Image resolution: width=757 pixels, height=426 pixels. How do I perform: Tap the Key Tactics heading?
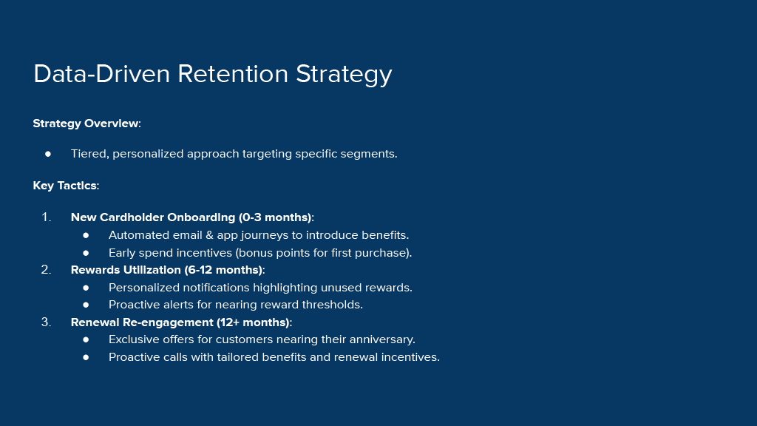(x=66, y=186)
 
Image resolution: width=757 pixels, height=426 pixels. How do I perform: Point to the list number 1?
(x=47, y=217)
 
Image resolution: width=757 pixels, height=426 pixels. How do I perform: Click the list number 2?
(x=47, y=269)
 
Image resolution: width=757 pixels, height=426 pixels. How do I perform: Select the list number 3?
(x=47, y=322)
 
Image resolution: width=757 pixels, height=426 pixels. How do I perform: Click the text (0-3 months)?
(x=275, y=218)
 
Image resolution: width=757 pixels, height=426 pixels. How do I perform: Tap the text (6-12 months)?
(x=223, y=270)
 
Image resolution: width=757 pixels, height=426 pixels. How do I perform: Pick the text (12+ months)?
(x=253, y=322)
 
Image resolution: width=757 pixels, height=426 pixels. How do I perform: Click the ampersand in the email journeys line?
(x=209, y=235)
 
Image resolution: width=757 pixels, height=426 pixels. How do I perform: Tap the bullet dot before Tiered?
(x=48, y=154)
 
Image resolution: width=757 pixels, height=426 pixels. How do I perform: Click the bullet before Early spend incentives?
(x=86, y=253)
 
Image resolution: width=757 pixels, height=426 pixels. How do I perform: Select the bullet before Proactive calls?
(x=86, y=357)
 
